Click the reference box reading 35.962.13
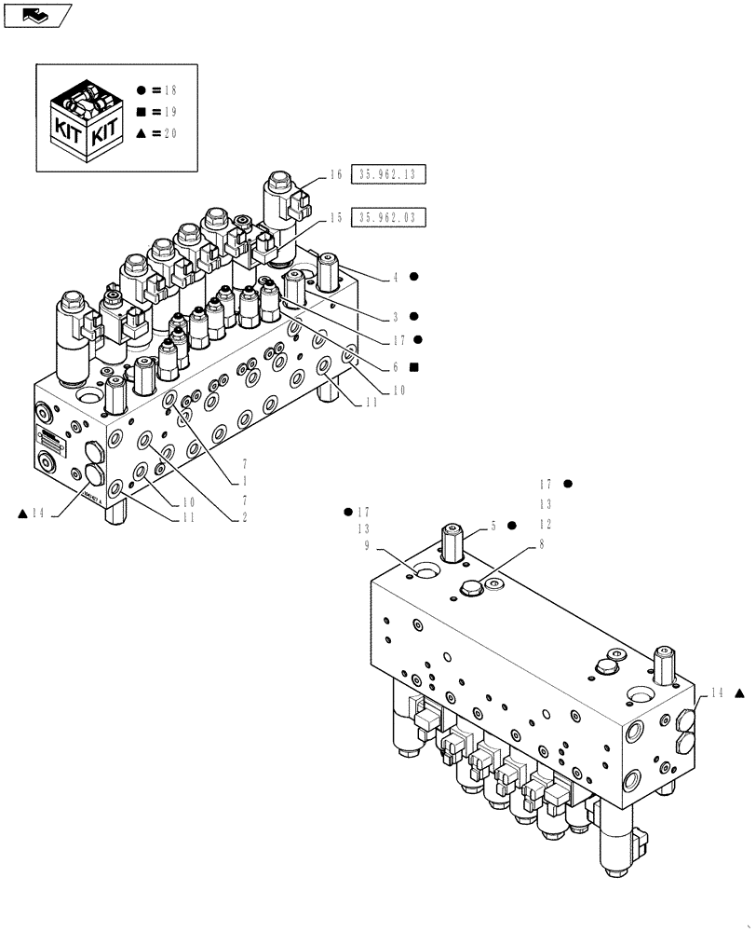tap(387, 173)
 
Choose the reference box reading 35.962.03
tap(387, 217)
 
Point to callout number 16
tap(336, 173)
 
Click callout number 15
tap(336, 217)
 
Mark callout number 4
tap(395, 277)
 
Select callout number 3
tap(395, 316)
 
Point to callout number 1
tap(245, 481)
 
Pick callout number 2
tap(245, 515)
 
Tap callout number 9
tap(368, 546)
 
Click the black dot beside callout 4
tap(414, 277)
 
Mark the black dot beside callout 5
tap(511, 526)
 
